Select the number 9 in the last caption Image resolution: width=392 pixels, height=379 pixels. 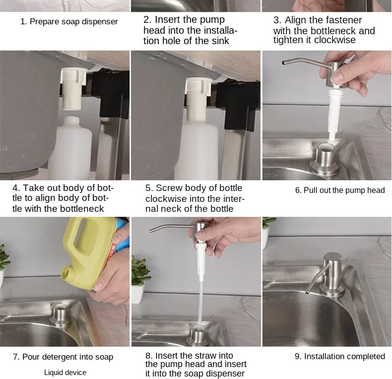[297, 357]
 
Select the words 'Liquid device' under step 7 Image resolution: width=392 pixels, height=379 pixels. [65, 373]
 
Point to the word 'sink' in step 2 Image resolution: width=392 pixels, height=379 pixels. [220, 41]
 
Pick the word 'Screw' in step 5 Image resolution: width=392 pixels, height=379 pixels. [169, 188]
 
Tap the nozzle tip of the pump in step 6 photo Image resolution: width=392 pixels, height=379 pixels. [283, 63]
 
